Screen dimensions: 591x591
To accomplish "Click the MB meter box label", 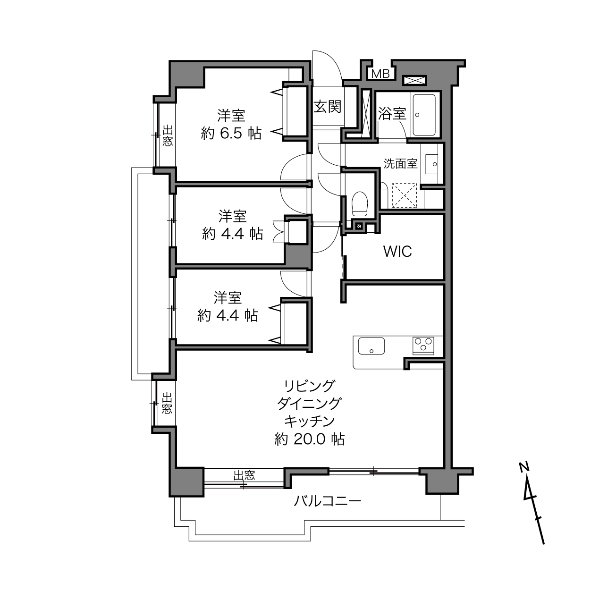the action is tap(380, 74).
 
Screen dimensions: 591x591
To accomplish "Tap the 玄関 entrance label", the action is tap(327, 107).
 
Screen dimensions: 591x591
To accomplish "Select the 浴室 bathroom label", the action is tap(392, 113).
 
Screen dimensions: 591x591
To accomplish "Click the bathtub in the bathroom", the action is tap(424, 115).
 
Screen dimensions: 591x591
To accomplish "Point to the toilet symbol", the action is tap(360, 203).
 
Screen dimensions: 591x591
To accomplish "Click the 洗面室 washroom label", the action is tap(401, 163).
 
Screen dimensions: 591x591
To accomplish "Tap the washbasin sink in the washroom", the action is tap(432, 164).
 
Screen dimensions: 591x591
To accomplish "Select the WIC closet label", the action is tap(397, 252).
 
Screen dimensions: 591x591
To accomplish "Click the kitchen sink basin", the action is tap(371, 346).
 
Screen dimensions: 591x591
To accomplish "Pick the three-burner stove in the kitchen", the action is tap(423, 346).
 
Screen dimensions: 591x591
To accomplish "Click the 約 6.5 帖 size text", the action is tap(231, 134).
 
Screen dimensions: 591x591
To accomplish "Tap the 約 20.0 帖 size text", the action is tap(310, 439).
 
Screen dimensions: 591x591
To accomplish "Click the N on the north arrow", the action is tap(524, 466).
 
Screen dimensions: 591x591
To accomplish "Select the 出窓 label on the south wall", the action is tap(244, 475).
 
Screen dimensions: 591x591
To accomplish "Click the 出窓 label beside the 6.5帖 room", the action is tap(168, 136).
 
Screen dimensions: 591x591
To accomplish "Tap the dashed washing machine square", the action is tap(405, 195).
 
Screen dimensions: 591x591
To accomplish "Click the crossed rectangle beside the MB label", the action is tap(414, 80).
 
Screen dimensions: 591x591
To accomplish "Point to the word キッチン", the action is tap(310, 422).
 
